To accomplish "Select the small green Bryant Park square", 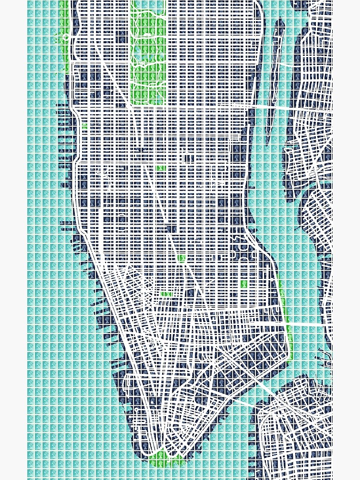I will coord(161,168).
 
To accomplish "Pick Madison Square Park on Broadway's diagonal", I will coord(181,258).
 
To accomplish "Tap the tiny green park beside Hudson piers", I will coord(84,127).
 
